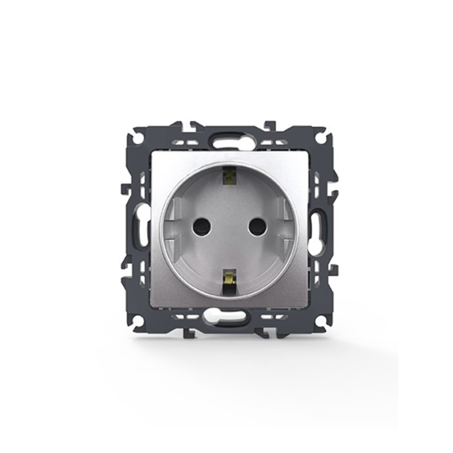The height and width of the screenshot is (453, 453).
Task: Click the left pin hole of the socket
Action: (x=203, y=226)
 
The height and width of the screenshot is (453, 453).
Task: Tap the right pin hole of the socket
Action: (x=257, y=226)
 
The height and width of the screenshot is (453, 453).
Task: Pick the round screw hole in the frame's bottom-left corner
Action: (x=137, y=320)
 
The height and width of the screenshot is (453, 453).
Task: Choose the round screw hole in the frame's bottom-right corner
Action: (x=318, y=320)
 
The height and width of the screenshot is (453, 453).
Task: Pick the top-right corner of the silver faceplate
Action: (x=304, y=153)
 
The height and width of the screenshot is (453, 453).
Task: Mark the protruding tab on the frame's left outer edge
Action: (x=124, y=190)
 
